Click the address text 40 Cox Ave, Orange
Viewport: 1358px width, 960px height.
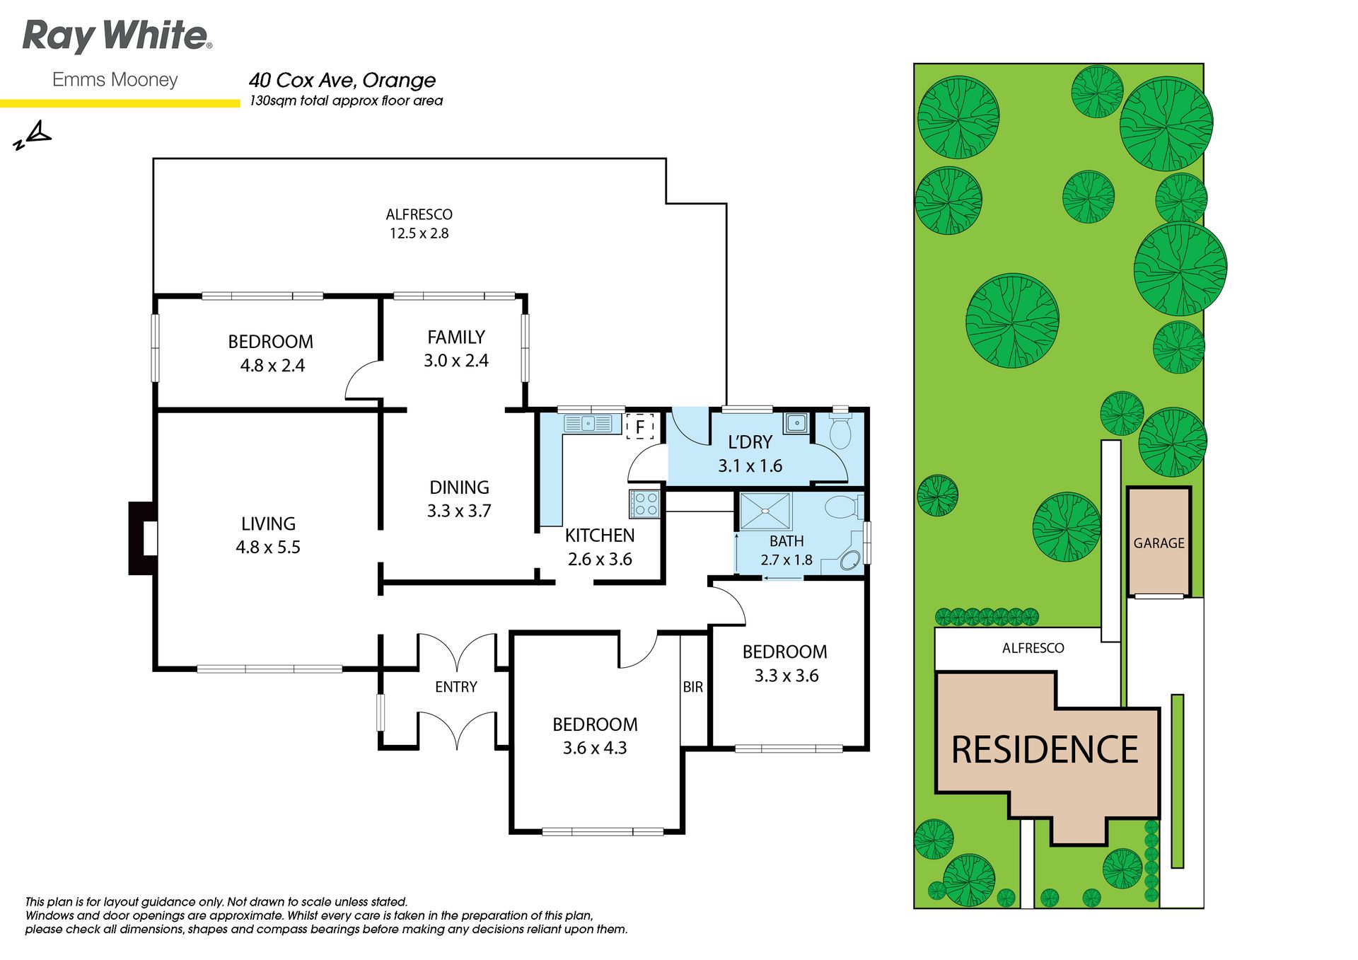tap(342, 81)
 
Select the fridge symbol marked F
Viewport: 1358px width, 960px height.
tap(640, 427)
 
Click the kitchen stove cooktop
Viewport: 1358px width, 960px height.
tap(645, 504)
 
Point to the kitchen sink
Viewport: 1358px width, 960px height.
tap(588, 424)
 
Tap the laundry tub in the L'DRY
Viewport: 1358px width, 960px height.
tap(796, 423)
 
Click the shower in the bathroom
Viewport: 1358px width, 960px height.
tap(765, 511)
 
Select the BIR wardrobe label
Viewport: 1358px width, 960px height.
tap(693, 687)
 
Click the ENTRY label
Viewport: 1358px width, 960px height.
tap(456, 687)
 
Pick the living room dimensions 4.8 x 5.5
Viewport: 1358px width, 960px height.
tap(268, 548)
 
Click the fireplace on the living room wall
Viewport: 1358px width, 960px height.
tap(143, 538)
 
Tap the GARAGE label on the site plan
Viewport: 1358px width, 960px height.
tap(1159, 543)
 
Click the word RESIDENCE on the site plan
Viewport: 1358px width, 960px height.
tap(1045, 750)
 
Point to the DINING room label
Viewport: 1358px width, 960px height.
tap(459, 487)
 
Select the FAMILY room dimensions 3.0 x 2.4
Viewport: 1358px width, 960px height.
tap(456, 361)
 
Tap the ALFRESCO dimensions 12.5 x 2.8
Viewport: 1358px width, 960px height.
tap(419, 233)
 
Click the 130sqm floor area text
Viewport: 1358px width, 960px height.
tap(347, 101)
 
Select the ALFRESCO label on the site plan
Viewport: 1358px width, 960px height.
tap(1033, 648)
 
